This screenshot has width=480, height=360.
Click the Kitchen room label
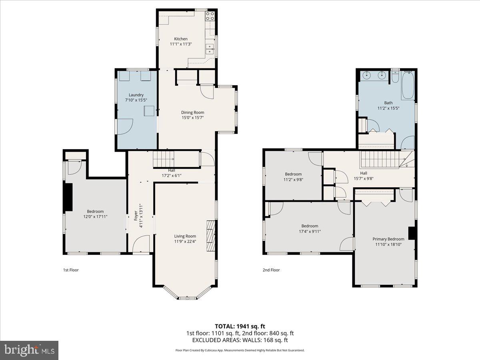coord(180,39)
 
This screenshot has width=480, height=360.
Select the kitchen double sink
coord(210,49)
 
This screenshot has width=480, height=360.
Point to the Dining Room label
coord(193,112)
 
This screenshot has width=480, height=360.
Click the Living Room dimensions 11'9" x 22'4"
coord(185,241)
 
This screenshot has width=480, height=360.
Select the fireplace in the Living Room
coord(210,236)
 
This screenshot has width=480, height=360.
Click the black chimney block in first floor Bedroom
coord(68,197)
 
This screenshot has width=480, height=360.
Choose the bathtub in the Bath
coord(408,85)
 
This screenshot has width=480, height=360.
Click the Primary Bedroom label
coord(388,239)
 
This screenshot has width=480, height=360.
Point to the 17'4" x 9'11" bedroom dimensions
coord(310,231)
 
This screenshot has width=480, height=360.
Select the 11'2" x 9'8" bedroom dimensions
coord(293,180)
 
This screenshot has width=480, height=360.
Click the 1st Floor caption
coord(71,270)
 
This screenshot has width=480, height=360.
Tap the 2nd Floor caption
coord(271,270)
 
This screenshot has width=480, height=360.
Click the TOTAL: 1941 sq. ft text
coord(240,326)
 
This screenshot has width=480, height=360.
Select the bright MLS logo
coord(29,350)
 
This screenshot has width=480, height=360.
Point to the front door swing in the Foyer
coord(141,243)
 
